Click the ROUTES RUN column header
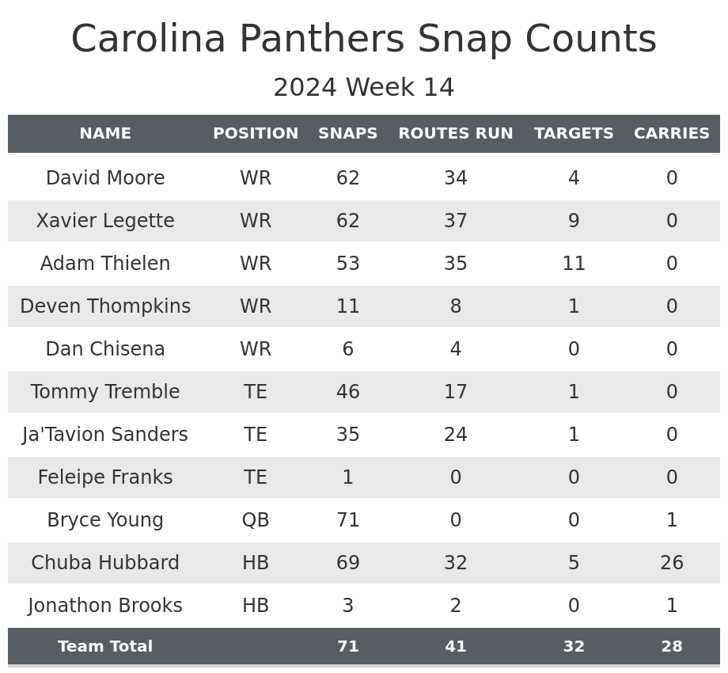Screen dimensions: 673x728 [x=455, y=134]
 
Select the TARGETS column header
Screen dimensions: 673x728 [x=574, y=134]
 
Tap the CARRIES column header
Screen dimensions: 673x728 [x=671, y=134]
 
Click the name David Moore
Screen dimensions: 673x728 [x=105, y=178]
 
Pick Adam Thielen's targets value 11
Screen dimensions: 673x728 [x=574, y=264]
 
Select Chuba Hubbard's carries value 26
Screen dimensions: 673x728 [x=671, y=563]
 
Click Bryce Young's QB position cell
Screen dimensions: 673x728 [x=256, y=520]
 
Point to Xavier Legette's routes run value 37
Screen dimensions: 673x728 [x=455, y=221]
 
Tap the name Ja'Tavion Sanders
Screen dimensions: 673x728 [x=105, y=435]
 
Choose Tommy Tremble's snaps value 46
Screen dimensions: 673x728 [x=347, y=392]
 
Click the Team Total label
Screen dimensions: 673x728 [x=105, y=647]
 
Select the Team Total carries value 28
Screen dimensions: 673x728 [x=671, y=647]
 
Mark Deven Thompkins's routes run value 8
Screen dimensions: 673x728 [x=455, y=306]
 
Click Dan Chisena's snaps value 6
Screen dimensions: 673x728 [x=347, y=349]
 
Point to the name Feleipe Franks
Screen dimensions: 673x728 [x=105, y=477]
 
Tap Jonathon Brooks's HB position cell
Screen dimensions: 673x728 [x=256, y=606]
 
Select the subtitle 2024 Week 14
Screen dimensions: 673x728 [x=364, y=88]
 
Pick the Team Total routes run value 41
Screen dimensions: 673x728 [x=455, y=647]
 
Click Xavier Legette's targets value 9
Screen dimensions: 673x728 [x=574, y=221]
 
